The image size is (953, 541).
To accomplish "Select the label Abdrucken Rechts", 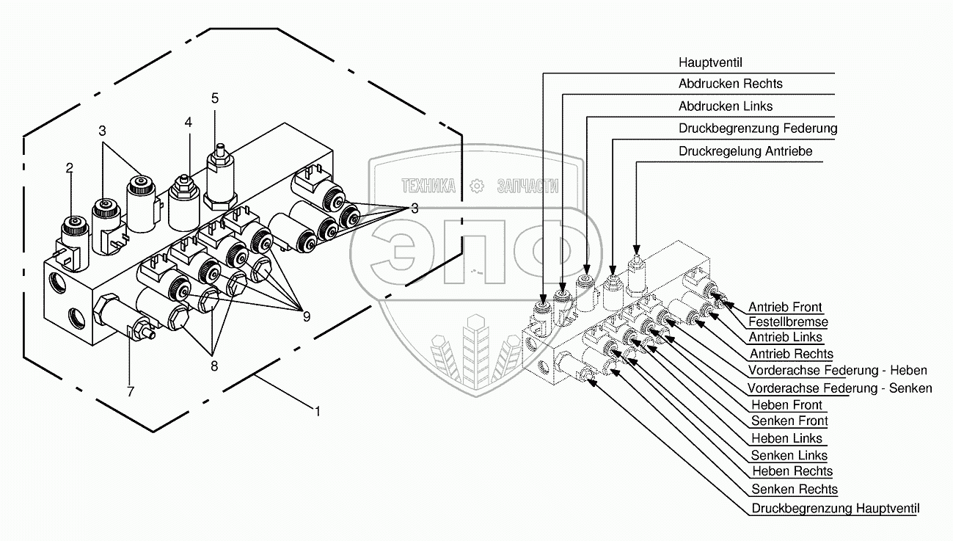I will pyautogui.click(x=730, y=84).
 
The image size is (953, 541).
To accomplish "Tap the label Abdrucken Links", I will pyautogui.click(x=726, y=106).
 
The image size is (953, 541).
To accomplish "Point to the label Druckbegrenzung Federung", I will pyautogui.click(x=758, y=128).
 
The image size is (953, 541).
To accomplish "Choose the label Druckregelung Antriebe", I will pyautogui.click(x=745, y=151).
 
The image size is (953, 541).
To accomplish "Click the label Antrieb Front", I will pyautogui.click(x=785, y=307).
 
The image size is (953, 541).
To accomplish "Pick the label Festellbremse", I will pyautogui.click(x=788, y=322).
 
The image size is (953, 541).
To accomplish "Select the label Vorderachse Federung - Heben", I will pyautogui.click(x=837, y=370).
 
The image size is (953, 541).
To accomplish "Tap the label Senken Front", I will pyautogui.click(x=789, y=421).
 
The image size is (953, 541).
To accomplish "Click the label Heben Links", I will pyautogui.click(x=787, y=438).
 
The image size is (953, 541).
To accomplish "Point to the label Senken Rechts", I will pyautogui.click(x=795, y=489).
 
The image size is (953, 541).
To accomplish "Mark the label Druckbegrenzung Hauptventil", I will pyautogui.click(x=835, y=508).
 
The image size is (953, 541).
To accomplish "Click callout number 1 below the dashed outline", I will pyautogui.click(x=317, y=412).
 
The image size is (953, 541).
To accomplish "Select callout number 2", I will pyautogui.click(x=69, y=168).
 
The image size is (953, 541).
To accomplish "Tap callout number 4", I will pyautogui.click(x=189, y=123).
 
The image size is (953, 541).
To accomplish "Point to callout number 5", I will pyautogui.click(x=215, y=97).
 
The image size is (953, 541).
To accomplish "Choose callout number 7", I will pyautogui.click(x=131, y=391).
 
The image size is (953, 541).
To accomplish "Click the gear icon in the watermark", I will pyautogui.click(x=477, y=186).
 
